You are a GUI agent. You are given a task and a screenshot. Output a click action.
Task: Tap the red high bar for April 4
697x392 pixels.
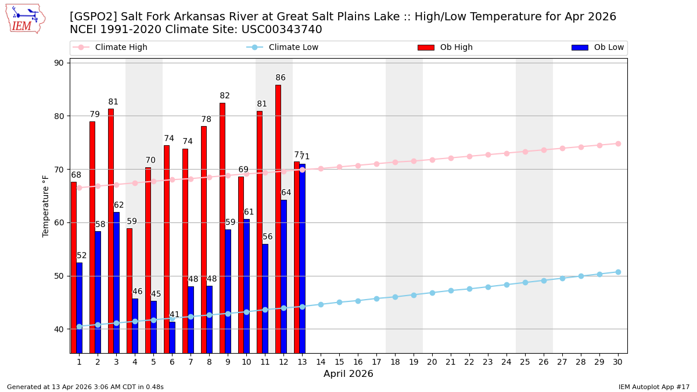(x=130, y=290)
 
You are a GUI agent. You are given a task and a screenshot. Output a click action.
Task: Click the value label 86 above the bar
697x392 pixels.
(x=281, y=78)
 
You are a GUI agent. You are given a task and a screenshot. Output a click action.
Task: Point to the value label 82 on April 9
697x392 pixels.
(x=225, y=96)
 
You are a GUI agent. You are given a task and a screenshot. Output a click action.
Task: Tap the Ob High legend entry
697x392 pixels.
(x=456, y=48)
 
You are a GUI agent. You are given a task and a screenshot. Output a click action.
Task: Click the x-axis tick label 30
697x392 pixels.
(x=618, y=362)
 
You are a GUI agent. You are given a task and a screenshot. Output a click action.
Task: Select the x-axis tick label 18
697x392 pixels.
(x=395, y=362)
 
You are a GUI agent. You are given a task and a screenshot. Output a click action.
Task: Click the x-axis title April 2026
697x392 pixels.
(x=348, y=374)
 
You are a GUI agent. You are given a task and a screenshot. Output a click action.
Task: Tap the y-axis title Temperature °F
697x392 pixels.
(x=46, y=206)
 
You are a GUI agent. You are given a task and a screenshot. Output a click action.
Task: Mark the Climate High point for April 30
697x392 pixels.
(x=618, y=143)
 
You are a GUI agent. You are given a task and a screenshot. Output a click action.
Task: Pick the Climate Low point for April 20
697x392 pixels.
(x=432, y=293)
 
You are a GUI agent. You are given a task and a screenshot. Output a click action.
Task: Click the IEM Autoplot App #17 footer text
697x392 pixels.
(x=653, y=387)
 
